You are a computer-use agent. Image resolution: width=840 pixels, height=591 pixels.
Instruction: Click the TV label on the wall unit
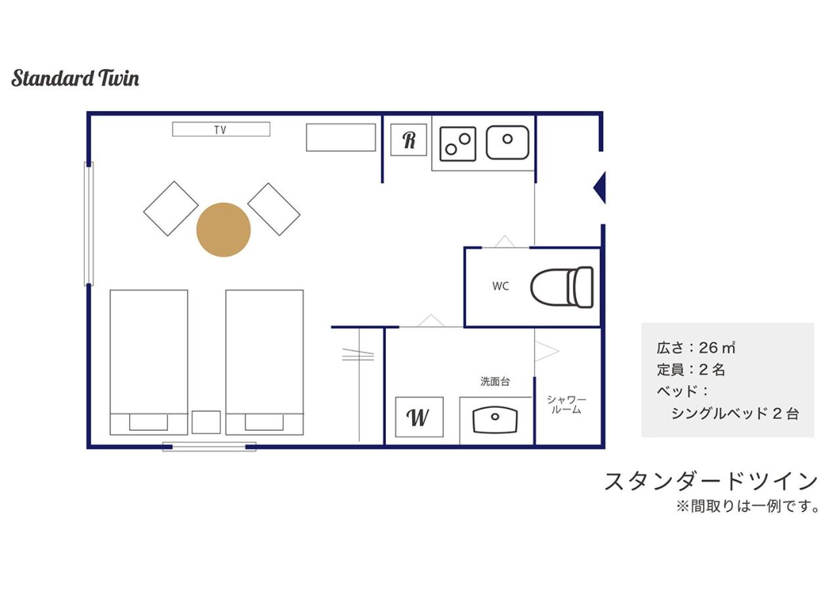pyautogui.click(x=220, y=130)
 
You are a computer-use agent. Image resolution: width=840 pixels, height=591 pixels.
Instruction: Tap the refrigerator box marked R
pyautogui.click(x=408, y=140)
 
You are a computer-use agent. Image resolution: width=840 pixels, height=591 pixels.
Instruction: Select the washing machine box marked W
pyautogui.click(x=419, y=417)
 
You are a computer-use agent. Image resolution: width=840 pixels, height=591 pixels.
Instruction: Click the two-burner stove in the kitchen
pyautogui.click(x=457, y=144)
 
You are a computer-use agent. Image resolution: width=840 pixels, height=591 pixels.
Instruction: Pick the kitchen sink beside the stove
pyautogui.click(x=507, y=142)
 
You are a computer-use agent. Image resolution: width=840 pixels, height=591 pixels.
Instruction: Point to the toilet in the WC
pyautogui.click(x=562, y=288)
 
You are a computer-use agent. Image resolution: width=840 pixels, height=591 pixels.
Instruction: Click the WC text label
pyautogui.click(x=500, y=286)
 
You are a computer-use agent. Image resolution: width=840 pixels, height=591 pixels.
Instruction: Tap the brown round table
pyautogui.click(x=224, y=230)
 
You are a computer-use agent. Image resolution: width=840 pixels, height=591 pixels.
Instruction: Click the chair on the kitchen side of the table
pyautogui.click(x=274, y=209)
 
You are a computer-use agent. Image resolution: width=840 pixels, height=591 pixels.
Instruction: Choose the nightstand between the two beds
pyautogui.click(x=206, y=422)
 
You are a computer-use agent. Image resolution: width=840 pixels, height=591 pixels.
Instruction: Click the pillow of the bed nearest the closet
pyautogui.click(x=264, y=422)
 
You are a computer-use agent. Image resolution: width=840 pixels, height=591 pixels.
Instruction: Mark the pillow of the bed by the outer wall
pyautogui.click(x=148, y=422)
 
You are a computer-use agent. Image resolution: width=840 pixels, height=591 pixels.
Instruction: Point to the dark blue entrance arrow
pyautogui.click(x=599, y=188)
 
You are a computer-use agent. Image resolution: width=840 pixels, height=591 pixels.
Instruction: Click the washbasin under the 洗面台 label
pyautogui.click(x=495, y=420)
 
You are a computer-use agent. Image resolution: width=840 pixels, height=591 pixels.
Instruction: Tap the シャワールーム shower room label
pyautogui.click(x=566, y=405)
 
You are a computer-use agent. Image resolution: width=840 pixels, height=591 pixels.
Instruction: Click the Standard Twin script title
pyautogui.click(x=75, y=78)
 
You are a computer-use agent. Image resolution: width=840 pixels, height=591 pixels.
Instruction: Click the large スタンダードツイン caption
pyautogui.click(x=711, y=481)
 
